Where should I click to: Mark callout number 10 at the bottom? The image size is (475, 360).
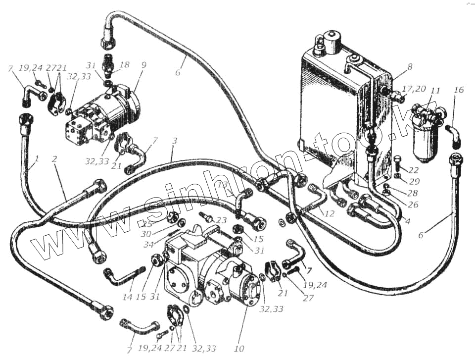coord(241,349)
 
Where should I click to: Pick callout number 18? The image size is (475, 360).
coord(125,64)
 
